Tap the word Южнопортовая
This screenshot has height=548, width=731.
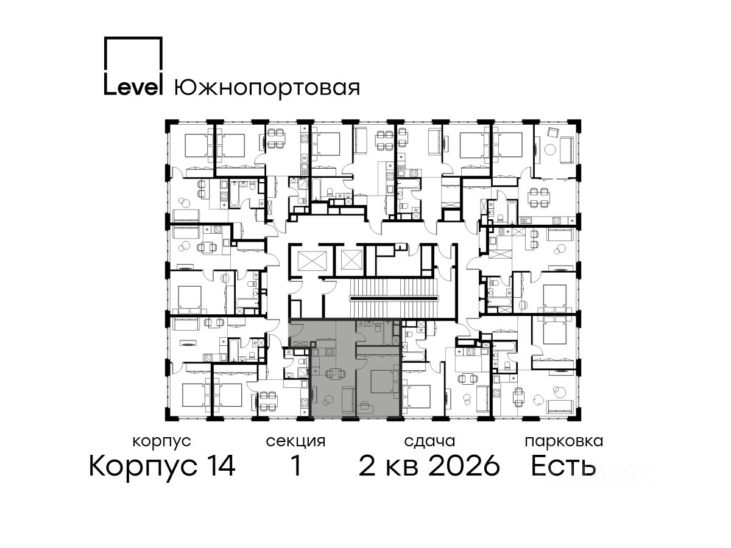[x=267, y=88]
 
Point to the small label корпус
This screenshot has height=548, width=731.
[x=161, y=442]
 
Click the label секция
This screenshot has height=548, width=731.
[x=295, y=442]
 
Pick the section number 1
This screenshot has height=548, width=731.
[x=296, y=466]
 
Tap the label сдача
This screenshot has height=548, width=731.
[x=429, y=442]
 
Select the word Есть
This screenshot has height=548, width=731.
[x=563, y=466]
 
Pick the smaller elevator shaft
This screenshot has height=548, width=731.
[x=351, y=259]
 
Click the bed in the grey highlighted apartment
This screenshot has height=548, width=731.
[x=383, y=381]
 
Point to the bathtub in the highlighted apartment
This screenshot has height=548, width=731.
[x=387, y=332]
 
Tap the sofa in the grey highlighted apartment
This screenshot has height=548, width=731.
[x=348, y=399]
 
